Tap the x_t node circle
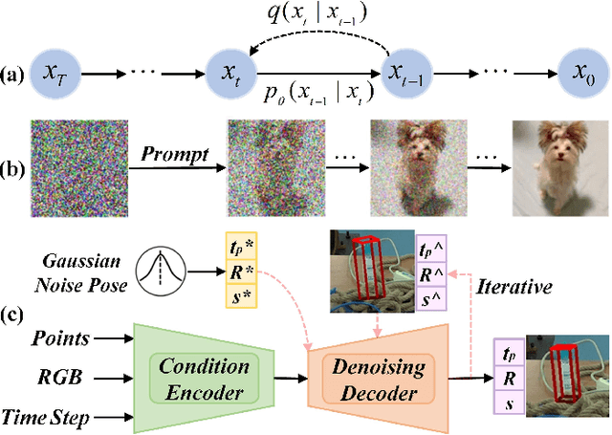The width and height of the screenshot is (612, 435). click(x=232, y=72)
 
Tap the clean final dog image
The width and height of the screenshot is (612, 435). click(x=558, y=163)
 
